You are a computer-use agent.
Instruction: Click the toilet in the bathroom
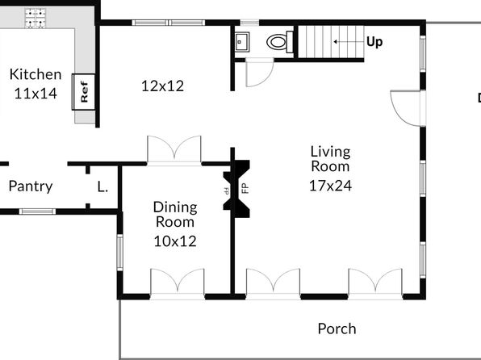280,42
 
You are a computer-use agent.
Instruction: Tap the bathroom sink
242,42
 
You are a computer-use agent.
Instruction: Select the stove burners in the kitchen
36,18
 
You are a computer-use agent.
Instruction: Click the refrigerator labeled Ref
83,92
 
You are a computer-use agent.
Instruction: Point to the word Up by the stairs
374,42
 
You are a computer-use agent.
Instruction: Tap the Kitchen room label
36,74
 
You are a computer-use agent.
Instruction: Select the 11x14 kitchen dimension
36,94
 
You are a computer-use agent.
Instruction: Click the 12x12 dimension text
162,86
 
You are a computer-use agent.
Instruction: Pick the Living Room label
330,159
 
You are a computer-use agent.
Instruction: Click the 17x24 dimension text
330,186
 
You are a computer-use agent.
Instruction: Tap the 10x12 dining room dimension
175,241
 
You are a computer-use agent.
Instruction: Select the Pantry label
31,186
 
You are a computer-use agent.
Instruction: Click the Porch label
337,329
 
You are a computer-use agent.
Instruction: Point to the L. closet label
102,186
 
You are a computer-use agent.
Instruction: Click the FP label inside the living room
245,188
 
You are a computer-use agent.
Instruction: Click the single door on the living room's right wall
408,108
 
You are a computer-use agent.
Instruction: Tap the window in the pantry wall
37,211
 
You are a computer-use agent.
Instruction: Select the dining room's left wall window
120,253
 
